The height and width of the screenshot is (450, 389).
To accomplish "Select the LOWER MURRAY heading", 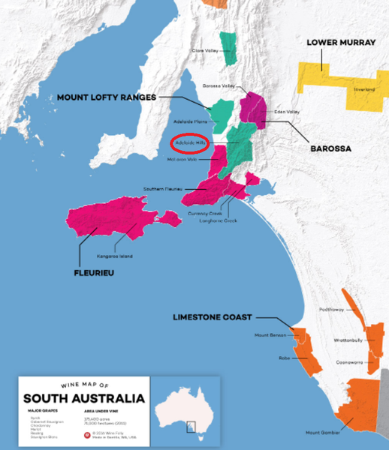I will coord(340,43).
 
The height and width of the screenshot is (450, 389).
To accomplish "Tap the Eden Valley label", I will coord(287,112).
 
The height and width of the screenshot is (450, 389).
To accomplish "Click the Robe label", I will coord(284,358).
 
